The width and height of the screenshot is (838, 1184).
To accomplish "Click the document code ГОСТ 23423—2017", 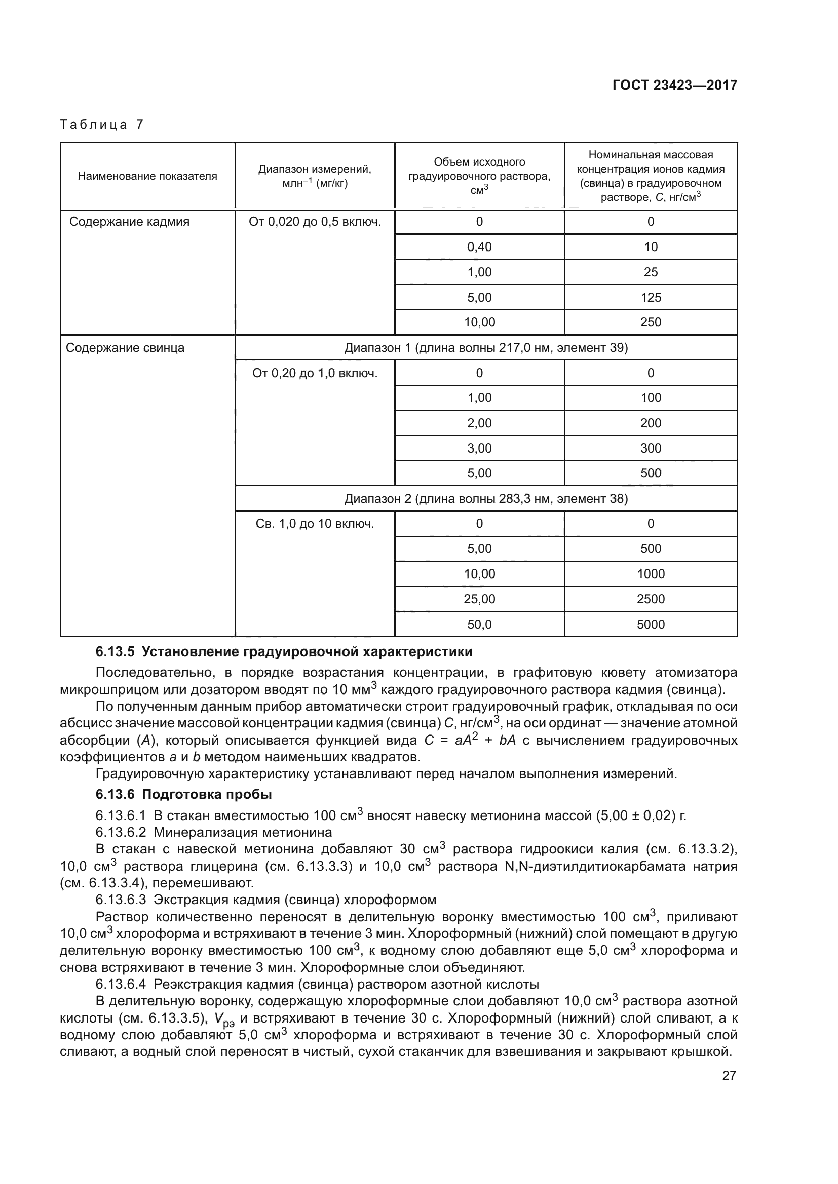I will click(x=674, y=85).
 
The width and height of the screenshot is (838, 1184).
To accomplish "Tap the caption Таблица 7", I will click(x=101, y=125).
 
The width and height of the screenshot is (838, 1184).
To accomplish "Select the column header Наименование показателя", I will click(x=147, y=176).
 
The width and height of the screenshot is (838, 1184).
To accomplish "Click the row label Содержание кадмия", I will click(x=130, y=222).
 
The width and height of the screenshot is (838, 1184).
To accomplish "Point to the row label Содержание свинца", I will click(x=125, y=348).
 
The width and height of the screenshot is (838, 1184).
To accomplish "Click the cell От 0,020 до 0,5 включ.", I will click(x=315, y=222).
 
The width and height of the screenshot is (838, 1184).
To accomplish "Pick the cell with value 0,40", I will click(x=479, y=247).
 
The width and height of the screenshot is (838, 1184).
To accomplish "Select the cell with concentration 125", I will click(x=650, y=298).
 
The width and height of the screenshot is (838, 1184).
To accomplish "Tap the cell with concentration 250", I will click(x=650, y=322).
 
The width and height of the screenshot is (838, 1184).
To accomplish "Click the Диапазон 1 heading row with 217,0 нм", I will click(x=486, y=348).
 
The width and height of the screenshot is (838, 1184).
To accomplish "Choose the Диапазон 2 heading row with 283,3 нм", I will click(x=486, y=499).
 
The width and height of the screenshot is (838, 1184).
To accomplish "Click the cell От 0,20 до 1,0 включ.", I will click(x=315, y=373).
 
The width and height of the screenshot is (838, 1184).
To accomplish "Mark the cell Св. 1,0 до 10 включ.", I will click(x=315, y=524).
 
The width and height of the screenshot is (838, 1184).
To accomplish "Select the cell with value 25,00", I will click(x=479, y=599).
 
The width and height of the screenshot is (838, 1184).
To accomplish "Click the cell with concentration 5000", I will click(x=650, y=625).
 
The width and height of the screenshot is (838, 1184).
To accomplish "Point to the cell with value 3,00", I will click(x=479, y=448).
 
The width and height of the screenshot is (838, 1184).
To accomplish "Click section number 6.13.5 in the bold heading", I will click(x=115, y=652).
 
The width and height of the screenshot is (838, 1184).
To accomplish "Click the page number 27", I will click(x=729, y=1076).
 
